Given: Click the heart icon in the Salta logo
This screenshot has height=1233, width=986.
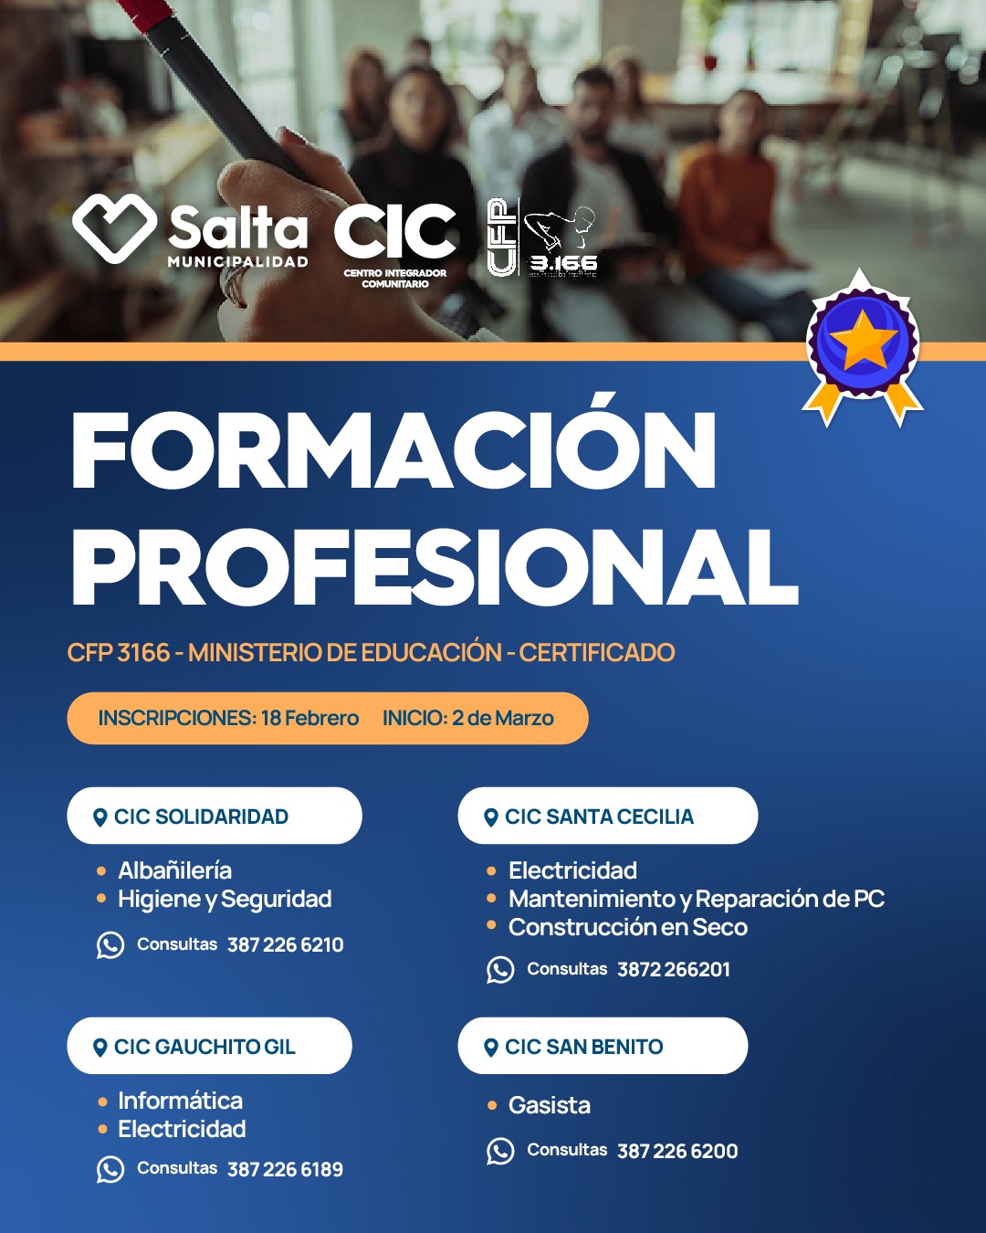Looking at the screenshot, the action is (114, 228).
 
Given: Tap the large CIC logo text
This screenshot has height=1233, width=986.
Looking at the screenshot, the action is (394, 231).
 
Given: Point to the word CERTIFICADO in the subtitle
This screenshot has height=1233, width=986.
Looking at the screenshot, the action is (597, 653).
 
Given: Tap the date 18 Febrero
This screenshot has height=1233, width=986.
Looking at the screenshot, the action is (309, 718).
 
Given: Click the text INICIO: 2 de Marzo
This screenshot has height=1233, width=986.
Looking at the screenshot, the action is (468, 718).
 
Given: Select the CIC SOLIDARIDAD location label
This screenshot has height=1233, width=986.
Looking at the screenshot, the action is (201, 817).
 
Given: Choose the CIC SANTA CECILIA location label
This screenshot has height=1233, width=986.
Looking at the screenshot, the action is (599, 817).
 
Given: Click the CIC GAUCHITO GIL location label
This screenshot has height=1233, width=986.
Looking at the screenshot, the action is (205, 1047).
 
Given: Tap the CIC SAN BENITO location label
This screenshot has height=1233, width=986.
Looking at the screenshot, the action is (583, 1047).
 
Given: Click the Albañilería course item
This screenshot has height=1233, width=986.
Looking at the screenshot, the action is (174, 870).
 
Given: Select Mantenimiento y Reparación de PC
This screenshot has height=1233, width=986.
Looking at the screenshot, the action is (697, 899).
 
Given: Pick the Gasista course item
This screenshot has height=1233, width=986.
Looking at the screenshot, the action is (550, 1105).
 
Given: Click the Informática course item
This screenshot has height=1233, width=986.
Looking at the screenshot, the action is (180, 1101).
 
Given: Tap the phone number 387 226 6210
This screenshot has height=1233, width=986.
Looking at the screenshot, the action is (286, 944).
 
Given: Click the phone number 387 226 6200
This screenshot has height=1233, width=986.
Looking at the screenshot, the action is (677, 1151).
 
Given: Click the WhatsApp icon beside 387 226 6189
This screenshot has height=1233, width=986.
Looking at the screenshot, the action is (110, 1169).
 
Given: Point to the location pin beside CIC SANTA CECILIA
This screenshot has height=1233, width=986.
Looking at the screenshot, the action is (490, 817).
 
